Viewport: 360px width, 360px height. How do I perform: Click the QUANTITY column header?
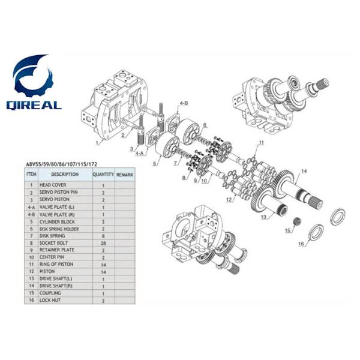103,175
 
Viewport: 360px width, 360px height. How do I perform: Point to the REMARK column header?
124,175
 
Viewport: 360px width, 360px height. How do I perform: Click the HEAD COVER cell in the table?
53,185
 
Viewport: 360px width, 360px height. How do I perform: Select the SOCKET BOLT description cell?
55,243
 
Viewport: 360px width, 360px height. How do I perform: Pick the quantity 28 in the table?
103,243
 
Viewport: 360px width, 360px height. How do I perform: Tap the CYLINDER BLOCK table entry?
57,221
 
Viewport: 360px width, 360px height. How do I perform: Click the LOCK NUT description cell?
51,301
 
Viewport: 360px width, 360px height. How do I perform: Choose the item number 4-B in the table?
31,214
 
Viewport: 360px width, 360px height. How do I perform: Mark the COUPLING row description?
50,293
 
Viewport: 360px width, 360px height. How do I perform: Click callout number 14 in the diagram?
304,172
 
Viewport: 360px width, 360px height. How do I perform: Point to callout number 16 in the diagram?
301,244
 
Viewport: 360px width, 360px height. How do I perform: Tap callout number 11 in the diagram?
261,142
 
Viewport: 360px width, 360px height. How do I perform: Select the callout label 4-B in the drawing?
184,104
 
